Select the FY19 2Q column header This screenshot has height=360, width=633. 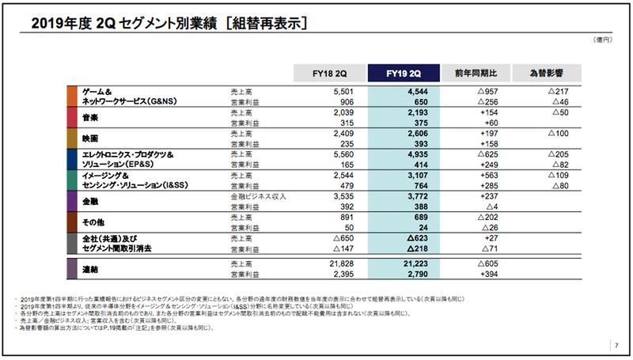(x=400, y=74)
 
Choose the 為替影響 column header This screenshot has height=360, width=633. (x=546, y=74)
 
